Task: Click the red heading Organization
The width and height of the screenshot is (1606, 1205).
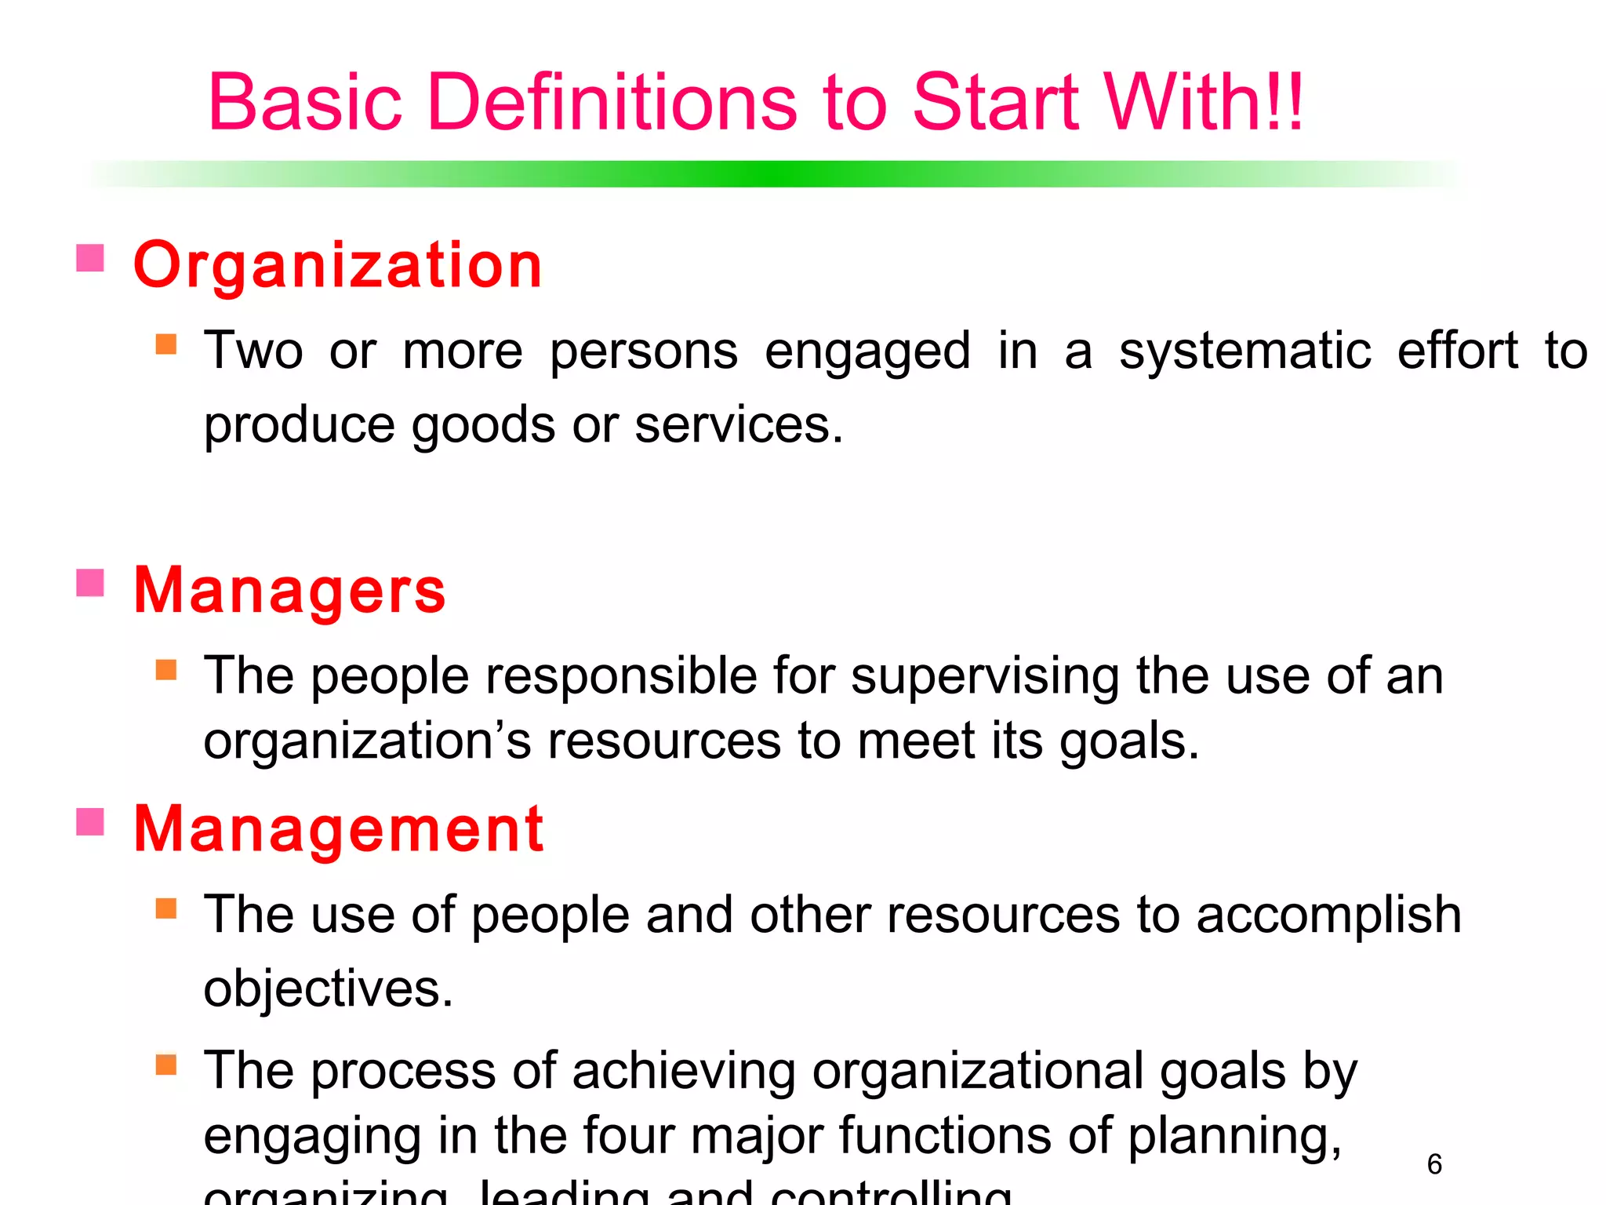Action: point(338,266)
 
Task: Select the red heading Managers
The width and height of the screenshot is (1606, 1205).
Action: point(290,591)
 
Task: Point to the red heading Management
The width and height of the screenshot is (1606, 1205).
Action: point(339,829)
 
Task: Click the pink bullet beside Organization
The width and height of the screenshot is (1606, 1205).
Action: point(90,258)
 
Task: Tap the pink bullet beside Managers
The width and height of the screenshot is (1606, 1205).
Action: point(90,583)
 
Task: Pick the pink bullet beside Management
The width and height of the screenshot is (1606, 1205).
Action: point(90,822)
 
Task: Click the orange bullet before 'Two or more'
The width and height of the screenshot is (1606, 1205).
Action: point(166,344)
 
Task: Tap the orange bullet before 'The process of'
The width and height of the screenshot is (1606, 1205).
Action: point(166,1065)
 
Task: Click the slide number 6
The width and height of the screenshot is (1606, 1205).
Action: point(1434,1164)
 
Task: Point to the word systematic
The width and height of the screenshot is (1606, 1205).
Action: point(1244,351)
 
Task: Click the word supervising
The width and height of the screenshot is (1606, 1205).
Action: point(985,676)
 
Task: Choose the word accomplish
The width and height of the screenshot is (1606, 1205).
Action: point(1328,916)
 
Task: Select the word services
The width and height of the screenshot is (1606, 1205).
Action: point(738,425)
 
